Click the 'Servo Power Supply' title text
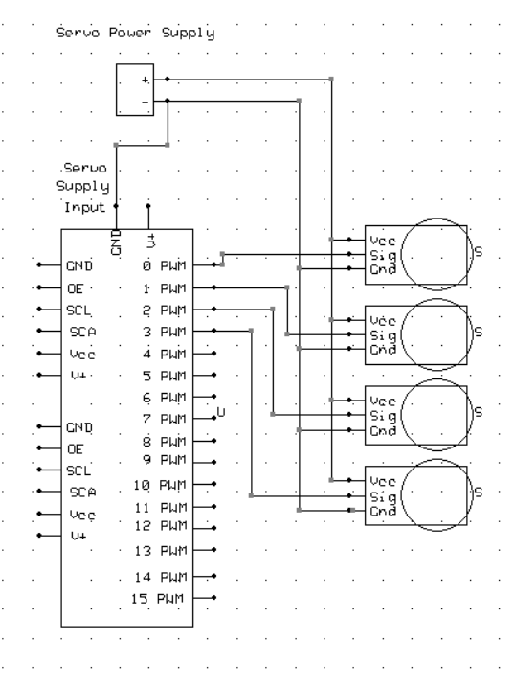pyautogui.click(x=134, y=32)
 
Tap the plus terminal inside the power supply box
pyautogui.click(x=145, y=80)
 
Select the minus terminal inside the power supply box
pyautogui.click(x=145, y=100)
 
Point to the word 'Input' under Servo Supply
pyautogui.click(x=84, y=206)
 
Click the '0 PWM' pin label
pyautogui.click(x=165, y=264)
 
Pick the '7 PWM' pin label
pyautogui.click(x=165, y=419)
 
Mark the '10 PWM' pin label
pyautogui.click(x=161, y=486)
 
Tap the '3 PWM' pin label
pyautogui.click(x=165, y=332)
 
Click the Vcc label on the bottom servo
pyautogui.click(x=377, y=481)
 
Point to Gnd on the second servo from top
pyautogui.click(x=377, y=349)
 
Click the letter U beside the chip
pyautogui.click(x=221, y=412)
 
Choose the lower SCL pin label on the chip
pyautogui.click(x=78, y=470)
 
